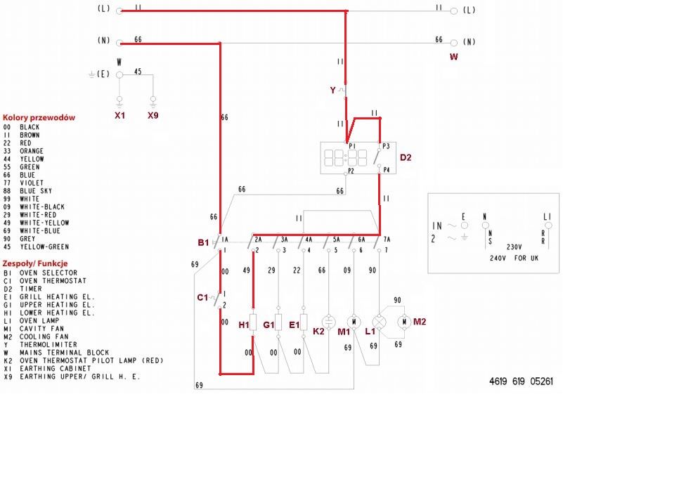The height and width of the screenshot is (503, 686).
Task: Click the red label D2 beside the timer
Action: pos(406,157)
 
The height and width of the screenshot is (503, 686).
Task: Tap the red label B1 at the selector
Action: pos(203,242)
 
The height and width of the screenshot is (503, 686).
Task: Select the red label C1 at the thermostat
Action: pos(202,297)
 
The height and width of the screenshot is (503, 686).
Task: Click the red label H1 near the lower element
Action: pos(244,325)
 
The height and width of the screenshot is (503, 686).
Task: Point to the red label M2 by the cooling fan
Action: pos(420,322)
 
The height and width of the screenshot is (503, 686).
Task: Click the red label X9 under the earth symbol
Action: pos(153,115)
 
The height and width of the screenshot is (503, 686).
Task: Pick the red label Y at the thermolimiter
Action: pos(333,90)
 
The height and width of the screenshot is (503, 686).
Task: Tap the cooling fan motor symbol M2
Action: pos(404,322)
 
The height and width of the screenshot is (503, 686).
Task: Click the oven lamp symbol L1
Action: pos(380,322)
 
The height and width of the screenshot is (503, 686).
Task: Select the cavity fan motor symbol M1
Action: pos(354,322)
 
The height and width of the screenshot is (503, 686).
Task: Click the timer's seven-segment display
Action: pos(345,158)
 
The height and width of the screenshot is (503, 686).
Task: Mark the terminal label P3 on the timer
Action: pos(386,147)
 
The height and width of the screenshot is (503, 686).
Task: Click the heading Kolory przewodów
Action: pos(39,117)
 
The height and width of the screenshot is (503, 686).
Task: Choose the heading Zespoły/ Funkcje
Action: pos(35,263)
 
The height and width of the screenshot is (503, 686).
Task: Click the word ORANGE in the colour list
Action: pos(32,151)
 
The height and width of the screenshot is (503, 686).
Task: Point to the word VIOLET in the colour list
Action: pos(32,183)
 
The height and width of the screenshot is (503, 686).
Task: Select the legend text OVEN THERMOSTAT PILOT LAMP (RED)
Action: pos(91,360)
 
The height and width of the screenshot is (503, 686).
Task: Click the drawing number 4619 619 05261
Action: pos(521,381)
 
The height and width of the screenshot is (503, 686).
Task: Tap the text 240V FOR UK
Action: pos(514,258)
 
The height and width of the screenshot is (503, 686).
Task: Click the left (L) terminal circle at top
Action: pos(119,11)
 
